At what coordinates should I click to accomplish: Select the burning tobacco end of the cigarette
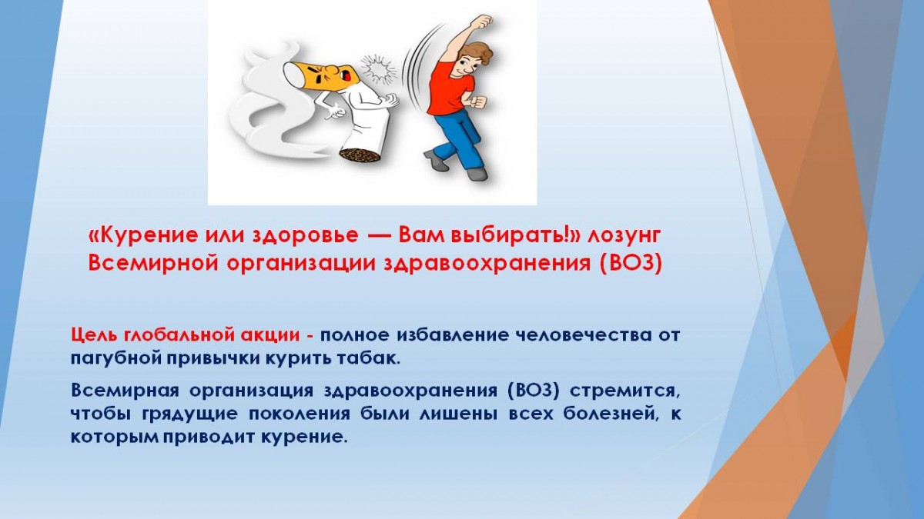click(x=360, y=156)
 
